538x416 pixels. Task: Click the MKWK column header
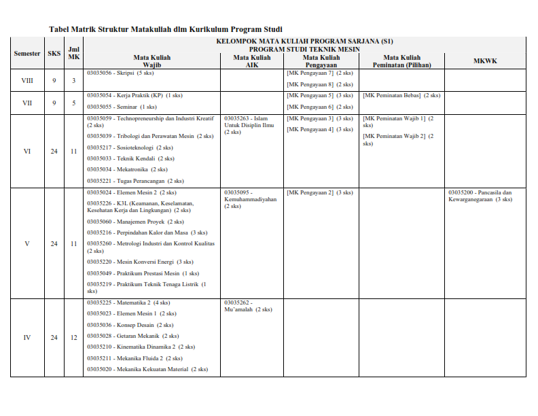tap(485, 61)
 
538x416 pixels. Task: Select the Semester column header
tap(27, 53)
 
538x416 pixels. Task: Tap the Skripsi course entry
tap(120, 73)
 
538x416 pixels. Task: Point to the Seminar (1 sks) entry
tap(122, 107)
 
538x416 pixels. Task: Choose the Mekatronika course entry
tap(126, 169)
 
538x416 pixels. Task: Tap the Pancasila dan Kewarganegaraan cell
tap(480, 196)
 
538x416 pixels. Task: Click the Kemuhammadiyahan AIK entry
tap(250, 199)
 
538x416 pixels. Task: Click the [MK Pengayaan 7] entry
tap(319, 73)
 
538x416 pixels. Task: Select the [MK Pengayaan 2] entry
tap(319, 192)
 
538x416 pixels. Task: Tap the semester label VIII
tap(27, 80)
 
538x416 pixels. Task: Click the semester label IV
tap(27, 338)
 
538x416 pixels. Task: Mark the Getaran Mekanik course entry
tap(132, 336)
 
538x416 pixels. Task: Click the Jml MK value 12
tap(74, 338)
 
